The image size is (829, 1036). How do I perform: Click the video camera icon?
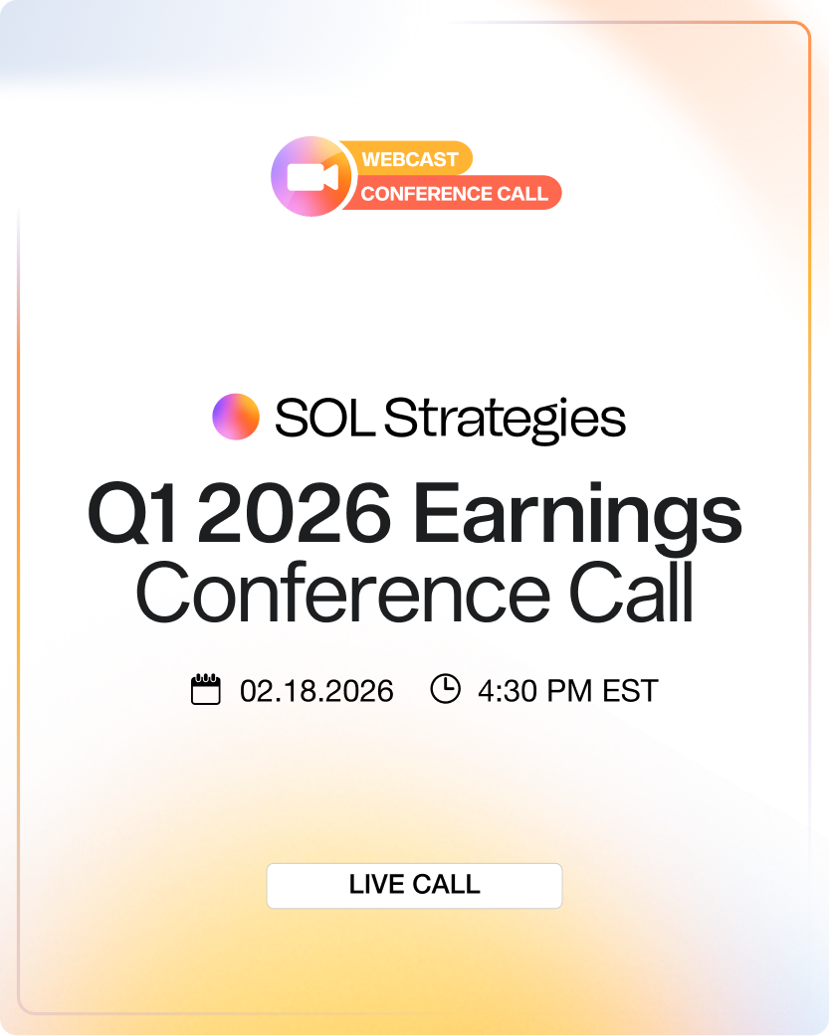click(x=312, y=176)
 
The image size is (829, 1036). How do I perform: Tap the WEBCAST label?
click(x=410, y=159)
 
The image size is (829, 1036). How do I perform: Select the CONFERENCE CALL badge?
click(x=454, y=193)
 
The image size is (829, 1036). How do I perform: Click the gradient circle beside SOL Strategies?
click(x=236, y=417)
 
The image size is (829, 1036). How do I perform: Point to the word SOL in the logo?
click(x=324, y=418)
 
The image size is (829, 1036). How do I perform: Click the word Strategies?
click(x=505, y=420)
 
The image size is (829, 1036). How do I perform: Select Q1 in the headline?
click(x=133, y=513)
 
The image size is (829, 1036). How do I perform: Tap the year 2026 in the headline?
click(x=295, y=513)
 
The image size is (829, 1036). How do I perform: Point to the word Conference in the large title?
click(x=342, y=592)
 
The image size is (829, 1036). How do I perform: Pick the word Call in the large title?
click(x=631, y=592)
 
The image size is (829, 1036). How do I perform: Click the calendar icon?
click(x=206, y=690)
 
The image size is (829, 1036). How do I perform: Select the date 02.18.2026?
click(x=316, y=691)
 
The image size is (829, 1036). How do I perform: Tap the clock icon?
click(x=445, y=688)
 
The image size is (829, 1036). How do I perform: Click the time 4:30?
click(x=508, y=691)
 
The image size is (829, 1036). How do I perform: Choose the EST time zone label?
click(x=630, y=691)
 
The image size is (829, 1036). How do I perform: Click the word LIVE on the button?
click(x=376, y=884)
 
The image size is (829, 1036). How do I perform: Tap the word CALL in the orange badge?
click(x=522, y=194)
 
